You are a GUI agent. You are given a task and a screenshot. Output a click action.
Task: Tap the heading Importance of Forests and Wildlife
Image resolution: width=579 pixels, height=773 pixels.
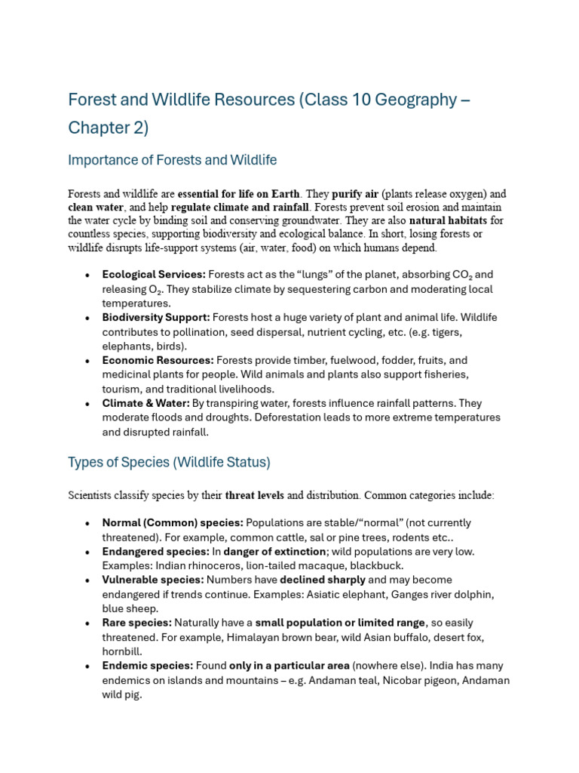(172, 160)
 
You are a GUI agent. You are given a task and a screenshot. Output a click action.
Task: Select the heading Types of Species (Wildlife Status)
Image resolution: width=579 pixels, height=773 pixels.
(169, 462)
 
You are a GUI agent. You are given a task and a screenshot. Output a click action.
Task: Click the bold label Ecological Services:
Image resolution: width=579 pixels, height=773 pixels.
(154, 275)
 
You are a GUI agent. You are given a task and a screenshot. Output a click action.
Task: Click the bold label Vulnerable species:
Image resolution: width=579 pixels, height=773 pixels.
(153, 580)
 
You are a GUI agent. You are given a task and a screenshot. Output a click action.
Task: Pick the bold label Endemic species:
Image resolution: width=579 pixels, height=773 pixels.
(148, 666)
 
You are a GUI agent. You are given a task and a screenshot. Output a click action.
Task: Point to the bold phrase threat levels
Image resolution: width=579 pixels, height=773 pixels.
(254, 496)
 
